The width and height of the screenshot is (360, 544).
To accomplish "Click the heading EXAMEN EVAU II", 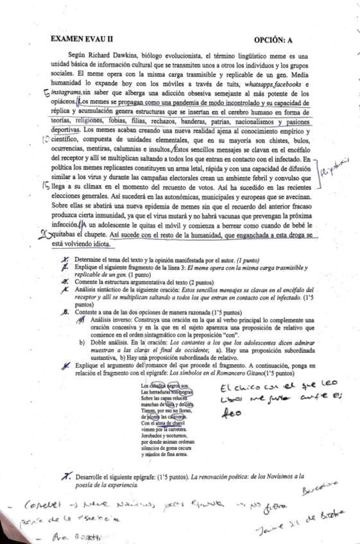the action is pyautogui.click(x=83, y=40).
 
